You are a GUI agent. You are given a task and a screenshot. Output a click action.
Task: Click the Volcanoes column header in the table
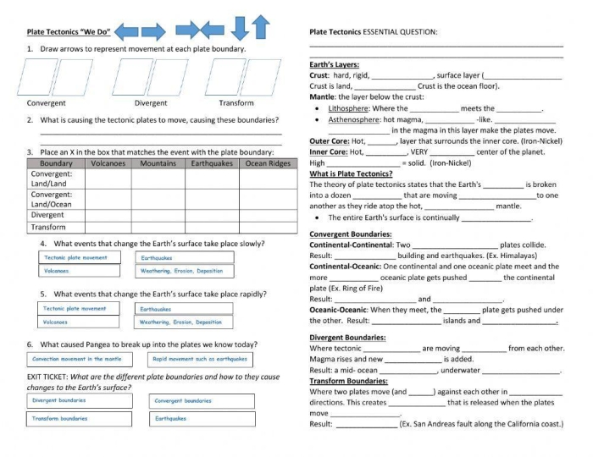(108, 163)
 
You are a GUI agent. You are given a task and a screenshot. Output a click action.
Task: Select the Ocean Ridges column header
(268, 163)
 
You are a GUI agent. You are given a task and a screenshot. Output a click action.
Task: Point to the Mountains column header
(158, 163)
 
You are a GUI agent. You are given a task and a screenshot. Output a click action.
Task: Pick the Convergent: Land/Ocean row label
(52, 200)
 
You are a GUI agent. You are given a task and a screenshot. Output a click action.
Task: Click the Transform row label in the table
(48, 227)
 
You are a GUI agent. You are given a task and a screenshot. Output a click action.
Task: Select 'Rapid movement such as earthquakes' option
(201, 359)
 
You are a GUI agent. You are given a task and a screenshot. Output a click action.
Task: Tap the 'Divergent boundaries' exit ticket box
(79, 400)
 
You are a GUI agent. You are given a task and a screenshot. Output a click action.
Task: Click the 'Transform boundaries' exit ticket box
(79, 419)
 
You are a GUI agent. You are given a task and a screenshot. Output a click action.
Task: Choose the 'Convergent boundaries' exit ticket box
(203, 401)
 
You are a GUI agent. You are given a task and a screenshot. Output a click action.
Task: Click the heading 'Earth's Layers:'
(334, 64)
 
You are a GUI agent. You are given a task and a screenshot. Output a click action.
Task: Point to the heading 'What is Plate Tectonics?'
(351, 173)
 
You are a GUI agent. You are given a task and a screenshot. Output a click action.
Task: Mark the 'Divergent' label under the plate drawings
(151, 103)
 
